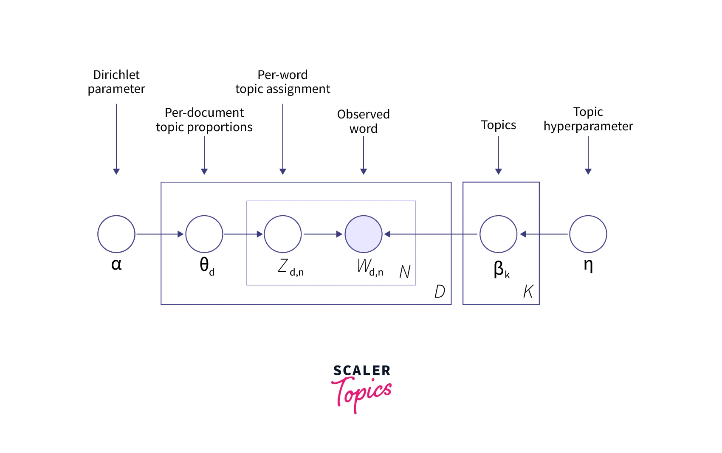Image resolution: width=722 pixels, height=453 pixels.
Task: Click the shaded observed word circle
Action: [364, 234]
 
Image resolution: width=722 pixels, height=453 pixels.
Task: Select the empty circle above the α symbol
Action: [116, 234]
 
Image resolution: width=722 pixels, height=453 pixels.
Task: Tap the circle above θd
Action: [204, 234]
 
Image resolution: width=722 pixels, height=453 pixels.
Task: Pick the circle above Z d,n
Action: [283, 234]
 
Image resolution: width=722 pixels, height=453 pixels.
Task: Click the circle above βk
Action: [499, 234]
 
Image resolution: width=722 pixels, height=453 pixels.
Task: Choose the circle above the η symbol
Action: [588, 234]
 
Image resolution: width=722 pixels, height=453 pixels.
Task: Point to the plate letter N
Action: [405, 272]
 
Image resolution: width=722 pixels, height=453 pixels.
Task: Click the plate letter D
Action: [440, 292]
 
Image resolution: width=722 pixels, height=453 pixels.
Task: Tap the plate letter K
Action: [528, 292]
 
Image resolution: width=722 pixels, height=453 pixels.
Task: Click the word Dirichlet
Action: [116, 75]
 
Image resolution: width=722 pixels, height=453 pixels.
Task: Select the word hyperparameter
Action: [588, 127]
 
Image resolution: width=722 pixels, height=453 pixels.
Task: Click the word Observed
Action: [364, 114]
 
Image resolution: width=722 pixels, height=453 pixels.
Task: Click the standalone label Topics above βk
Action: [499, 125]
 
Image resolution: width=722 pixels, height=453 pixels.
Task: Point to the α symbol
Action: [116, 264]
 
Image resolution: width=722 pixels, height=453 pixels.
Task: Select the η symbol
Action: [588, 265]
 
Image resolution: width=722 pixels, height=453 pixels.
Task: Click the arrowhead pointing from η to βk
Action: [523, 234]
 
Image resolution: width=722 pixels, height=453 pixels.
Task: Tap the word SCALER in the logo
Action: [362, 371]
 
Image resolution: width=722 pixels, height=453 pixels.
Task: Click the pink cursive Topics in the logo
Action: [362, 393]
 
